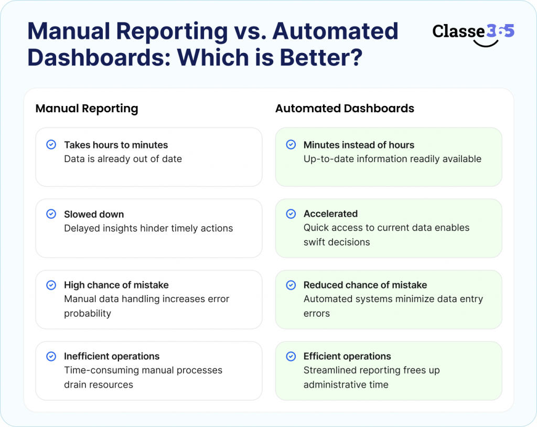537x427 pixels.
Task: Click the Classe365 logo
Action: (x=473, y=33)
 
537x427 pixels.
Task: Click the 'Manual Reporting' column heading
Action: (x=87, y=109)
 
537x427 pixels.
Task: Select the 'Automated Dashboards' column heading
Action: (x=345, y=109)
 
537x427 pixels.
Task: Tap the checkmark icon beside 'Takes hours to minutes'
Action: (x=51, y=145)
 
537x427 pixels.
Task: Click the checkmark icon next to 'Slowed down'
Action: (x=51, y=214)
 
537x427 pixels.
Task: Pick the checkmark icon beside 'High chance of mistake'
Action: (x=51, y=285)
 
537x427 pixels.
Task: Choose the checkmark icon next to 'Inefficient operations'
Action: (x=51, y=356)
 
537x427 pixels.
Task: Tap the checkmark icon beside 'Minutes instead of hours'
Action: (x=291, y=145)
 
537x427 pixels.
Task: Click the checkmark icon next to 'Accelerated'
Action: (x=291, y=213)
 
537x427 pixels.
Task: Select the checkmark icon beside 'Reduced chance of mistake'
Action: (x=291, y=285)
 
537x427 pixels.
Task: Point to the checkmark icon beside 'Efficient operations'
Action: (x=291, y=356)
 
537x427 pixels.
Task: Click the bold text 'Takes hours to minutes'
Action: (x=116, y=145)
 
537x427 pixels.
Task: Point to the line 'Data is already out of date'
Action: (x=123, y=159)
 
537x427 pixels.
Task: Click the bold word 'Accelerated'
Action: (x=330, y=213)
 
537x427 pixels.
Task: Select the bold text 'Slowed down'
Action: (x=94, y=214)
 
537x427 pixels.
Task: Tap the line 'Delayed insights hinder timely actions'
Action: (x=148, y=228)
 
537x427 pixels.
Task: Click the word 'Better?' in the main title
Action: (x=320, y=57)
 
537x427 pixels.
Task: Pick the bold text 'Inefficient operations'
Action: (x=112, y=356)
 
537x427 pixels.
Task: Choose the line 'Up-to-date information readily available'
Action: (x=392, y=159)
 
